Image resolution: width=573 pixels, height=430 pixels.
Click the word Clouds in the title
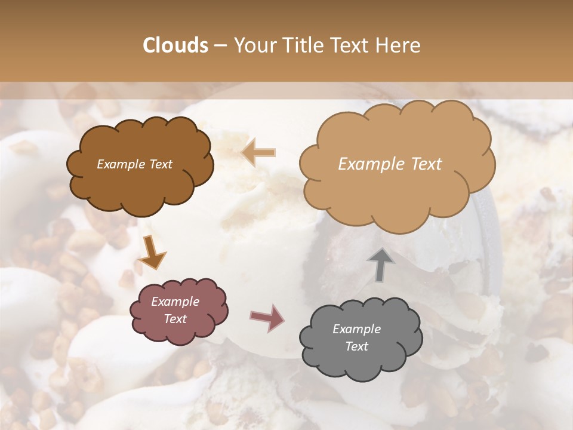[x=175, y=45]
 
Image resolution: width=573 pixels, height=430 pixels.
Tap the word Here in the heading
[x=399, y=45]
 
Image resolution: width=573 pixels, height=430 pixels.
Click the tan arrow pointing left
[x=258, y=153]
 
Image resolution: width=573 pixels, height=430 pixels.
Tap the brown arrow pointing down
[x=153, y=254]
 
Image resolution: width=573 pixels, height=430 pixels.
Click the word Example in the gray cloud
[x=356, y=329]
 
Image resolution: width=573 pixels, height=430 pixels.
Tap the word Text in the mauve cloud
[x=175, y=319]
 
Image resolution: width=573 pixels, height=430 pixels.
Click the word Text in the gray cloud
[x=356, y=346]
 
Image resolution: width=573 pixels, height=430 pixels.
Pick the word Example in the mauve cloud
[x=175, y=302]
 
